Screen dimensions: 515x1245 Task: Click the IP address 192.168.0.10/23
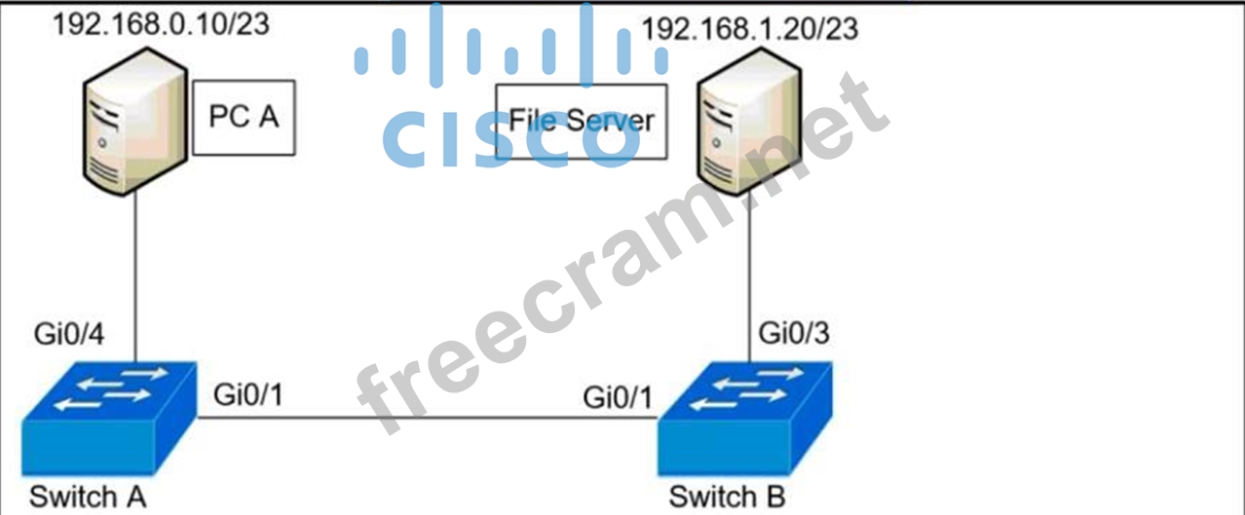161,24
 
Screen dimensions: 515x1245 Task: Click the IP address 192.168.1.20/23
750,28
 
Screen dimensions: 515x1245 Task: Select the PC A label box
244,117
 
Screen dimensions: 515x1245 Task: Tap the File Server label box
582,121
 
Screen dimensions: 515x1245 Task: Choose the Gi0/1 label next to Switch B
617,397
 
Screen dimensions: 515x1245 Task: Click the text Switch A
88,497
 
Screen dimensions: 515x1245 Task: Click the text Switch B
727,497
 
